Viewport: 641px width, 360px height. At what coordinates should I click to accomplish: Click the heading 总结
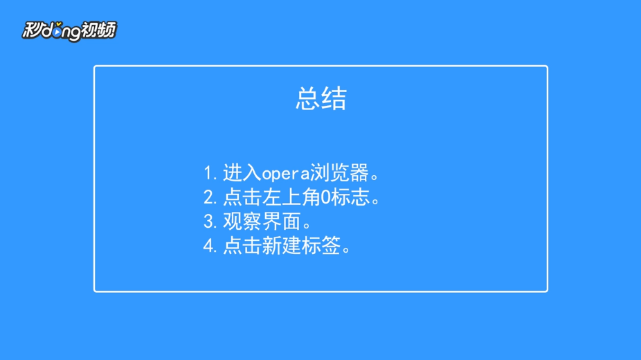[x=321, y=98]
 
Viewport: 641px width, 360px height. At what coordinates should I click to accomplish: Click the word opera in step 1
[x=285, y=174]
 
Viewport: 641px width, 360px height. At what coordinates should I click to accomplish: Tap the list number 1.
[x=208, y=173]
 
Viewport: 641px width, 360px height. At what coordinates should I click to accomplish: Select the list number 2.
[x=209, y=198]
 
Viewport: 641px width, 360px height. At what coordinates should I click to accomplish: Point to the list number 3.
[x=209, y=222]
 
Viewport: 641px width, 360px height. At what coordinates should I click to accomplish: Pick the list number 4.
[x=209, y=246]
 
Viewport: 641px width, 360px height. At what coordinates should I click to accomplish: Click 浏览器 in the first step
[x=339, y=173]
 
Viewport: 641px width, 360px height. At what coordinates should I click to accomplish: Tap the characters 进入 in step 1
[x=242, y=173]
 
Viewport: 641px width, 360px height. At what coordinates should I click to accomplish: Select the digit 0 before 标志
[x=325, y=198]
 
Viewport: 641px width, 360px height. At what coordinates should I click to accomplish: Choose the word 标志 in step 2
[x=350, y=197]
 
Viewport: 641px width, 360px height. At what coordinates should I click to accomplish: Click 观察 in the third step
[x=242, y=222]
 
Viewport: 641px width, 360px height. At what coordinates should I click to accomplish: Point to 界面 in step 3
[x=281, y=222]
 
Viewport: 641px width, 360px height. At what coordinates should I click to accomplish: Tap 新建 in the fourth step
[x=281, y=246]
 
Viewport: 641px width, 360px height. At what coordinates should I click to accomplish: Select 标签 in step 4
[x=321, y=246]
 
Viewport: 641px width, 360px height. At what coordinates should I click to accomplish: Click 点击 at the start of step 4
[x=242, y=246]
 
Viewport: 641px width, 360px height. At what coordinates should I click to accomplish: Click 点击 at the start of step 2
[x=242, y=197]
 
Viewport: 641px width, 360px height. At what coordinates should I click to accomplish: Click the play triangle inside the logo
[x=57, y=31]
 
